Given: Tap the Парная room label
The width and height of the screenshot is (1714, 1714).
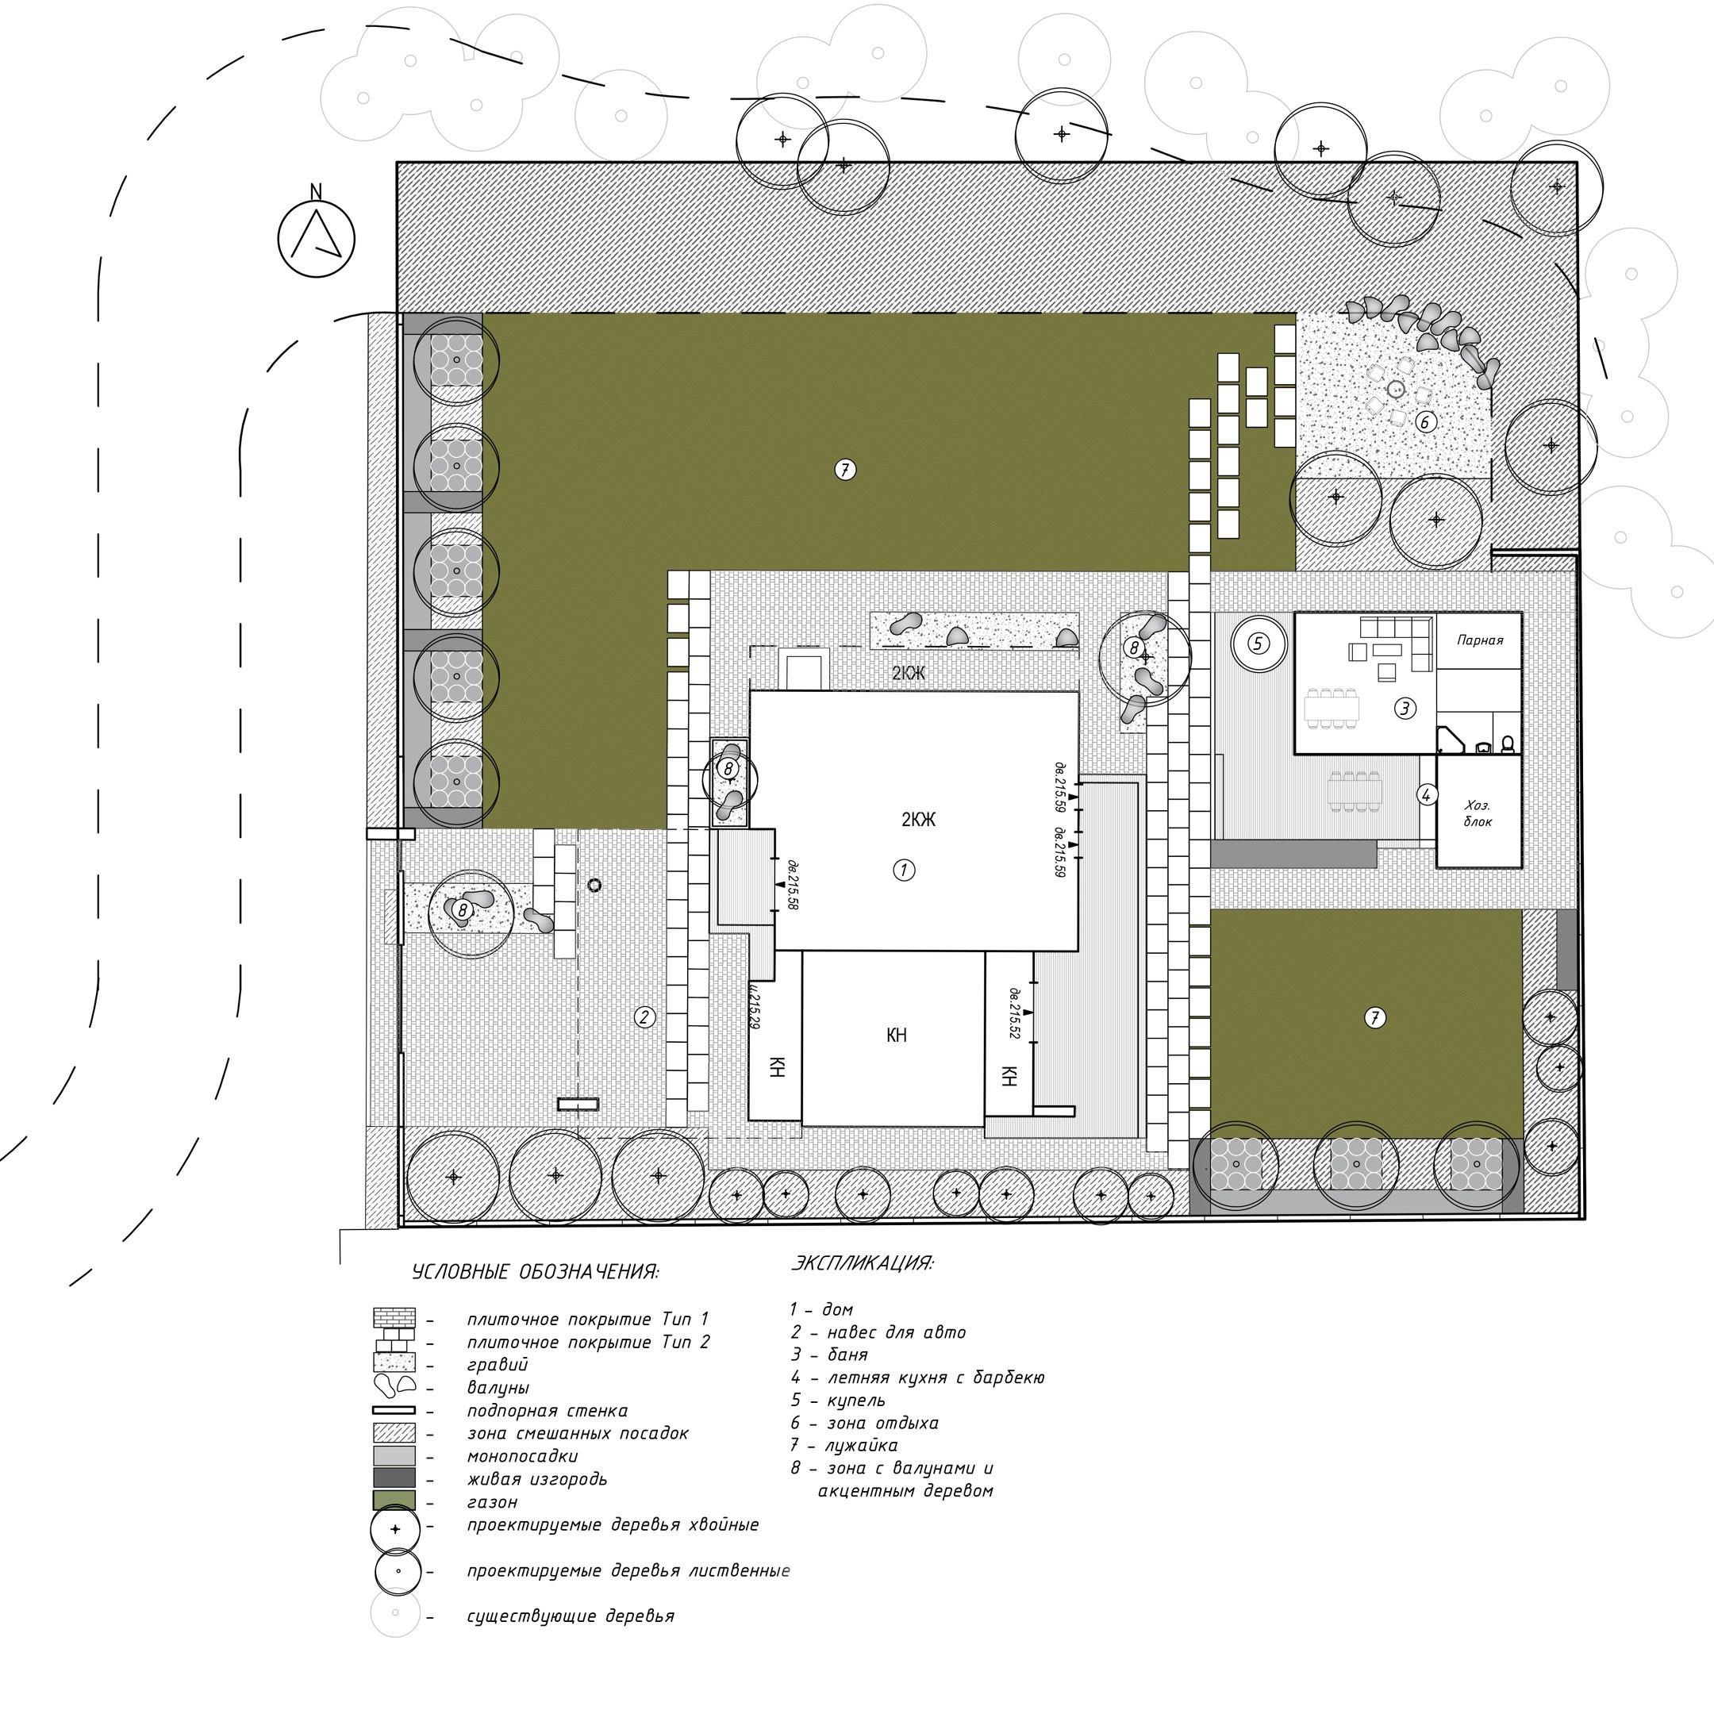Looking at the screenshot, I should tap(1480, 640).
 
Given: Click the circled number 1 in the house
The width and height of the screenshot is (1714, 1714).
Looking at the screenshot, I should tap(903, 870).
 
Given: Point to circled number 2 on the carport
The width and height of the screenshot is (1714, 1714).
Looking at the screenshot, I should tap(645, 1016).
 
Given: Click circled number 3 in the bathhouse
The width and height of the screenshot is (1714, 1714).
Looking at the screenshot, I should tap(1405, 708).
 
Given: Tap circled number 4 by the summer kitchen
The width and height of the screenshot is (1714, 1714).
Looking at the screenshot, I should tap(1426, 795).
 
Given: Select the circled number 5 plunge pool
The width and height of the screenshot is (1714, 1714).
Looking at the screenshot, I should tap(1259, 644).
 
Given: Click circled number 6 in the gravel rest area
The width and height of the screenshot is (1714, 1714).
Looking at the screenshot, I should tap(1425, 421).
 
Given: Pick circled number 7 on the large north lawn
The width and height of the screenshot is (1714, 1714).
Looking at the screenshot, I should tap(844, 469).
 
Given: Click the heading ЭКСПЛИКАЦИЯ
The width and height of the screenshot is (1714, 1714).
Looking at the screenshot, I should tap(862, 1262).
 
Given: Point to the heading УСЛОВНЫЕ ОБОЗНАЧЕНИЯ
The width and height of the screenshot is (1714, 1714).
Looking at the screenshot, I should tap(535, 1272).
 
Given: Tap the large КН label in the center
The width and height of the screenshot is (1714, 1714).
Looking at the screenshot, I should tap(896, 1036).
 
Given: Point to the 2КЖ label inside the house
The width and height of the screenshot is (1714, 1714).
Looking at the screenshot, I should tap(918, 820).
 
